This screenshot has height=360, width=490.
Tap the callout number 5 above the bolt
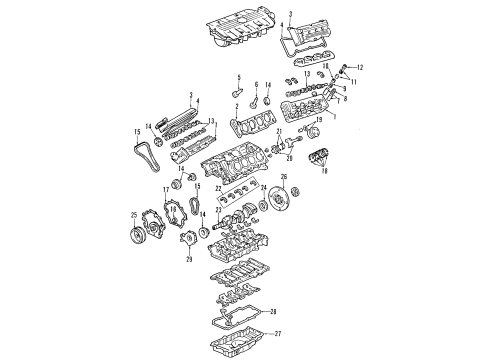tap(238, 77)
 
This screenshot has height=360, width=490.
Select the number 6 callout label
tap(256, 84)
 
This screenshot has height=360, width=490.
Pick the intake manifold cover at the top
tap(237, 30)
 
